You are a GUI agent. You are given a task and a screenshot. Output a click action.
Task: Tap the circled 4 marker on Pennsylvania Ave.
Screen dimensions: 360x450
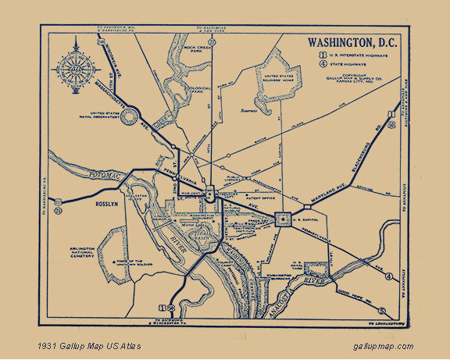(x=389, y=276)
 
